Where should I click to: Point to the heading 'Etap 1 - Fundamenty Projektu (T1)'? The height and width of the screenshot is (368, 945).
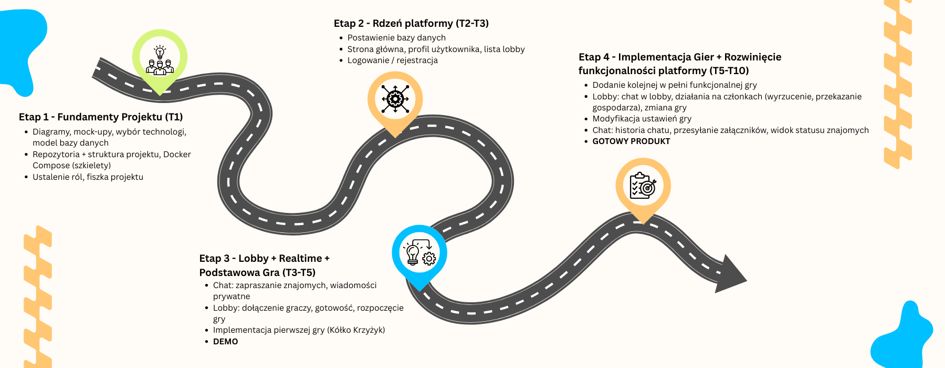click(x=101, y=117)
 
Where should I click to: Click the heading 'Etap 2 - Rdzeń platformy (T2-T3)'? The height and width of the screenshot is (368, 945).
click(x=411, y=24)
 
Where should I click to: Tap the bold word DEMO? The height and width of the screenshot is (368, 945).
click(x=226, y=342)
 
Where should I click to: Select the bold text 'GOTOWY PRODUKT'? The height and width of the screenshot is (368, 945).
click(x=631, y=141)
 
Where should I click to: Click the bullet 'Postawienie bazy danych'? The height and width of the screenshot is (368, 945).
click(x=396, y=38)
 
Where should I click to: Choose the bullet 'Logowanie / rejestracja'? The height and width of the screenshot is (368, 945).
click(x=392, y=60)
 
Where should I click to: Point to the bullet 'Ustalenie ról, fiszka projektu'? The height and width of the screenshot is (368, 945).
click(x=88, y=177)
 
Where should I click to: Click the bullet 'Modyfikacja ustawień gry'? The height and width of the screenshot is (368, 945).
click(x=642, y=119)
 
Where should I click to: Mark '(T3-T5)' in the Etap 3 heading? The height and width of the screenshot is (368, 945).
click(x=298, y=273)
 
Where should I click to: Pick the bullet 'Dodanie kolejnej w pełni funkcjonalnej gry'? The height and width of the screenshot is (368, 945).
click(x=675, y=85)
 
